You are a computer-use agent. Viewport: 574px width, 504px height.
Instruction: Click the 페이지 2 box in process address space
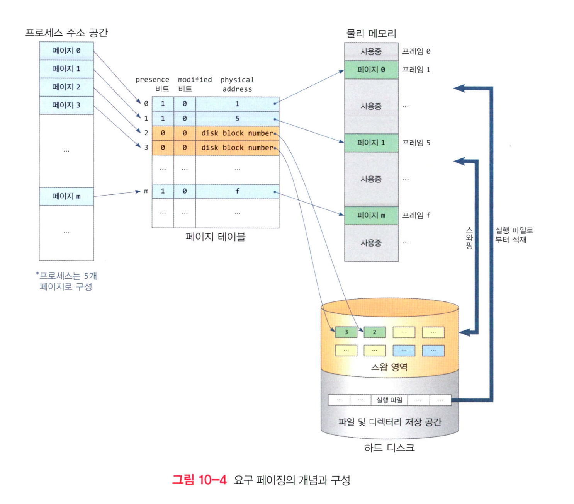pyautogui.click(x=66, y=87)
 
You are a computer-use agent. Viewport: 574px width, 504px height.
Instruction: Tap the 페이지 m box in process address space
pyautogui.click(x=66, y=196)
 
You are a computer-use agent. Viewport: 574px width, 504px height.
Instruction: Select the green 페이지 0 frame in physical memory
pyautogui.click(x=371, y=70)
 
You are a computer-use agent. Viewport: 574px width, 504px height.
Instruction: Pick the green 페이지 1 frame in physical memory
pyautogui.click(x=371, y=143)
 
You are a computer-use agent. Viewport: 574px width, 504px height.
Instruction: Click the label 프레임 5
pyautogui.click(x=416, y=143)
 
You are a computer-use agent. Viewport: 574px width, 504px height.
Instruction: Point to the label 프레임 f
pyautogui.click(x=416, y=215)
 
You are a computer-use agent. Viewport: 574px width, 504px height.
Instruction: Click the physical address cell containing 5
pyautogui.click(x=237, y=118)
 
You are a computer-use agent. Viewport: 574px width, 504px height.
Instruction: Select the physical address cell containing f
pyautogui.click(x=237, y=191)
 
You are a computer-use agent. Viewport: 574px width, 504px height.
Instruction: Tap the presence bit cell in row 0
pyautogui.click(x=163, y=104)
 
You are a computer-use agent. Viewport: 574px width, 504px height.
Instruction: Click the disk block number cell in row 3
pyautogui.click(x=237, y=148)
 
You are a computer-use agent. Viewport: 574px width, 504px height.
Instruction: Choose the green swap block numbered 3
pyautogui.click(x=346, y=332)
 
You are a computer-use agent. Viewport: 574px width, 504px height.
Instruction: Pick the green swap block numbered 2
pyautogui.click(x=374, y=332)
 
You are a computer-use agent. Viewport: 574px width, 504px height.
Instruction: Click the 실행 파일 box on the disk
pyautogui.click(x=389, y=400)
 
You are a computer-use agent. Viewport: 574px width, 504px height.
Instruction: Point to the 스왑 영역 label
pyautogui.click(x=389, y=367)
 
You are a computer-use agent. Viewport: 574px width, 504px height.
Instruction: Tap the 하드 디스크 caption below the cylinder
pyautogui.click(x=389, y=448)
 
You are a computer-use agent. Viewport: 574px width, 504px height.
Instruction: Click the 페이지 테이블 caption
pyautogui.click(x=215, y=237)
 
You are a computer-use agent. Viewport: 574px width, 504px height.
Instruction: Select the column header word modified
pyautogui.click(x=195, y=80)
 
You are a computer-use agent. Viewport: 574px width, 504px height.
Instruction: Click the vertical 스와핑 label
pyautogui.click(x=469, y=238)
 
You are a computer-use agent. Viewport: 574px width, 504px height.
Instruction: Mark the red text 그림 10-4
pyautogui.click(x=199, y=480)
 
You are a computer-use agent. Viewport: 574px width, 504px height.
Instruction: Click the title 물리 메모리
pyautogui.click(x=371, y=33)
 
